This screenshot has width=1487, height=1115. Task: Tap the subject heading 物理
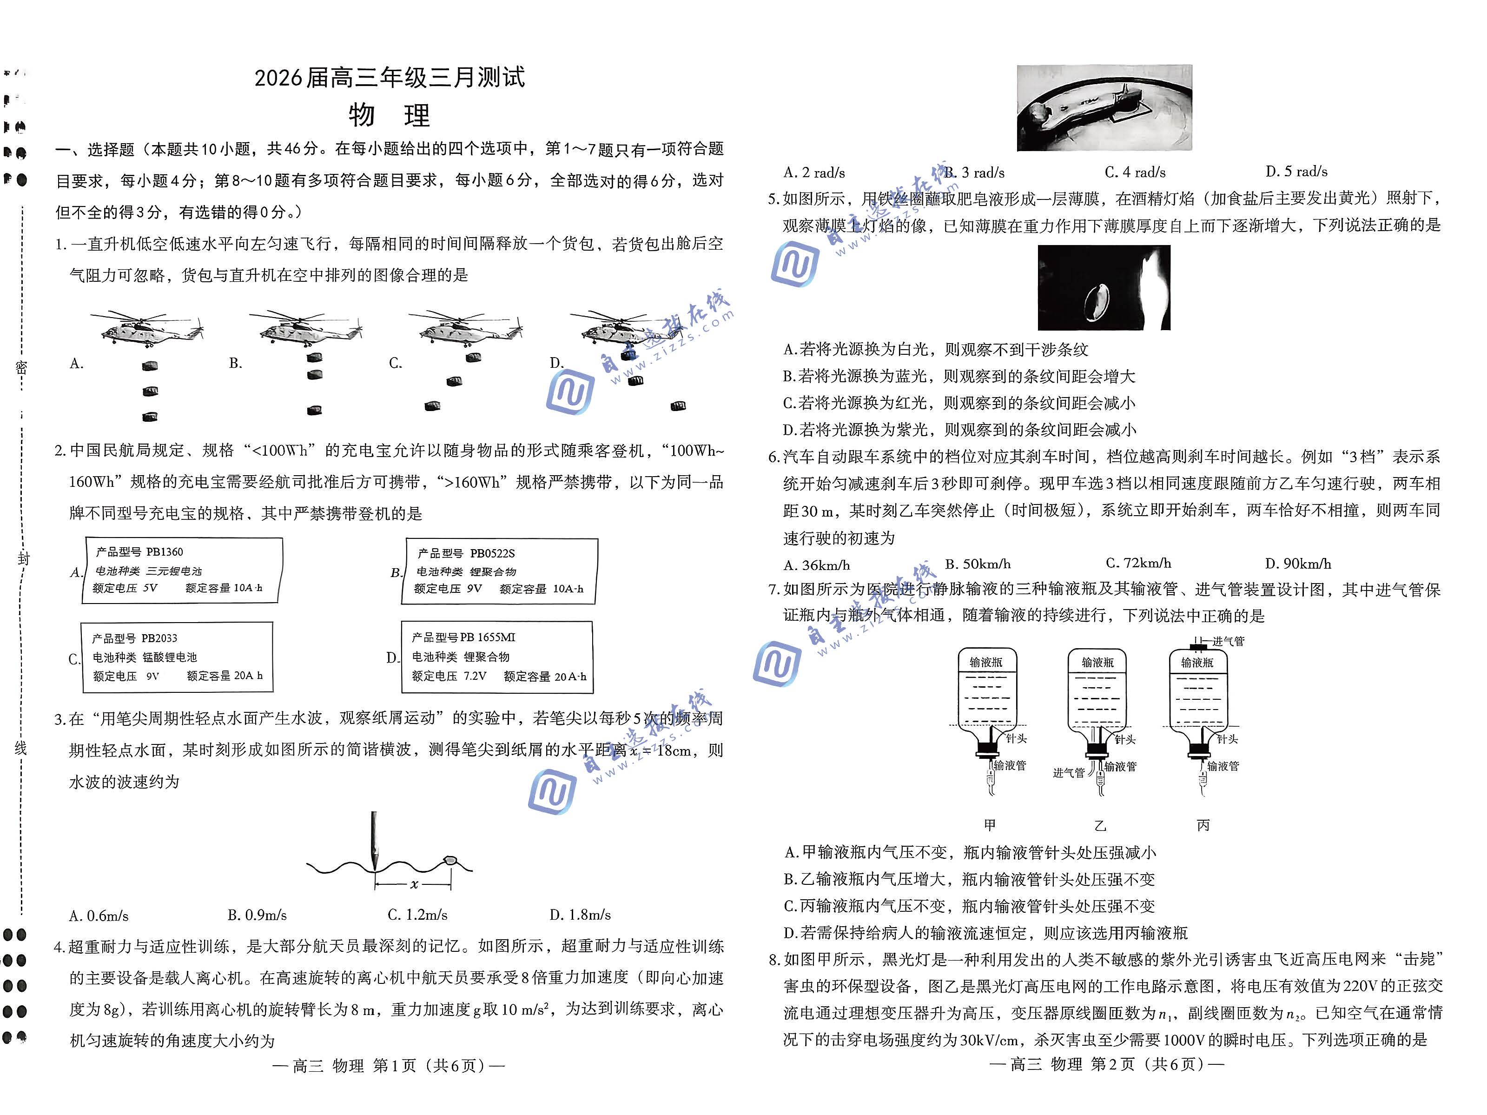[389, 116]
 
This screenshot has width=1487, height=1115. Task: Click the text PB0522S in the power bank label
[492, 553]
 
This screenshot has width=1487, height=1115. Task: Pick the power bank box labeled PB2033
[178, 657]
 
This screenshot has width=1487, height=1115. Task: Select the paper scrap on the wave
[450, 859]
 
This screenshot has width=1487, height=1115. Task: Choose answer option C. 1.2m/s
[417, 915]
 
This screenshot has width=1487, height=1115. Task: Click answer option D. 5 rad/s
[1296, 172]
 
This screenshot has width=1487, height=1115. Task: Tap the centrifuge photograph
[1104, 107]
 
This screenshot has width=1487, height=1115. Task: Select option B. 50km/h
[978, 564]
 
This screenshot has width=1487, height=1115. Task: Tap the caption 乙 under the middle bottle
[1100, 826]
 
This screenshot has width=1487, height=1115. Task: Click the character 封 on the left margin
[23, 558]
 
